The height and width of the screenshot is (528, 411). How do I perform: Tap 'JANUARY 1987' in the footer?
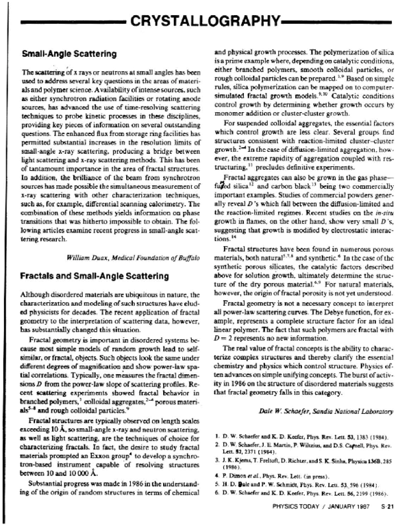click(x=349, y=512)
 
